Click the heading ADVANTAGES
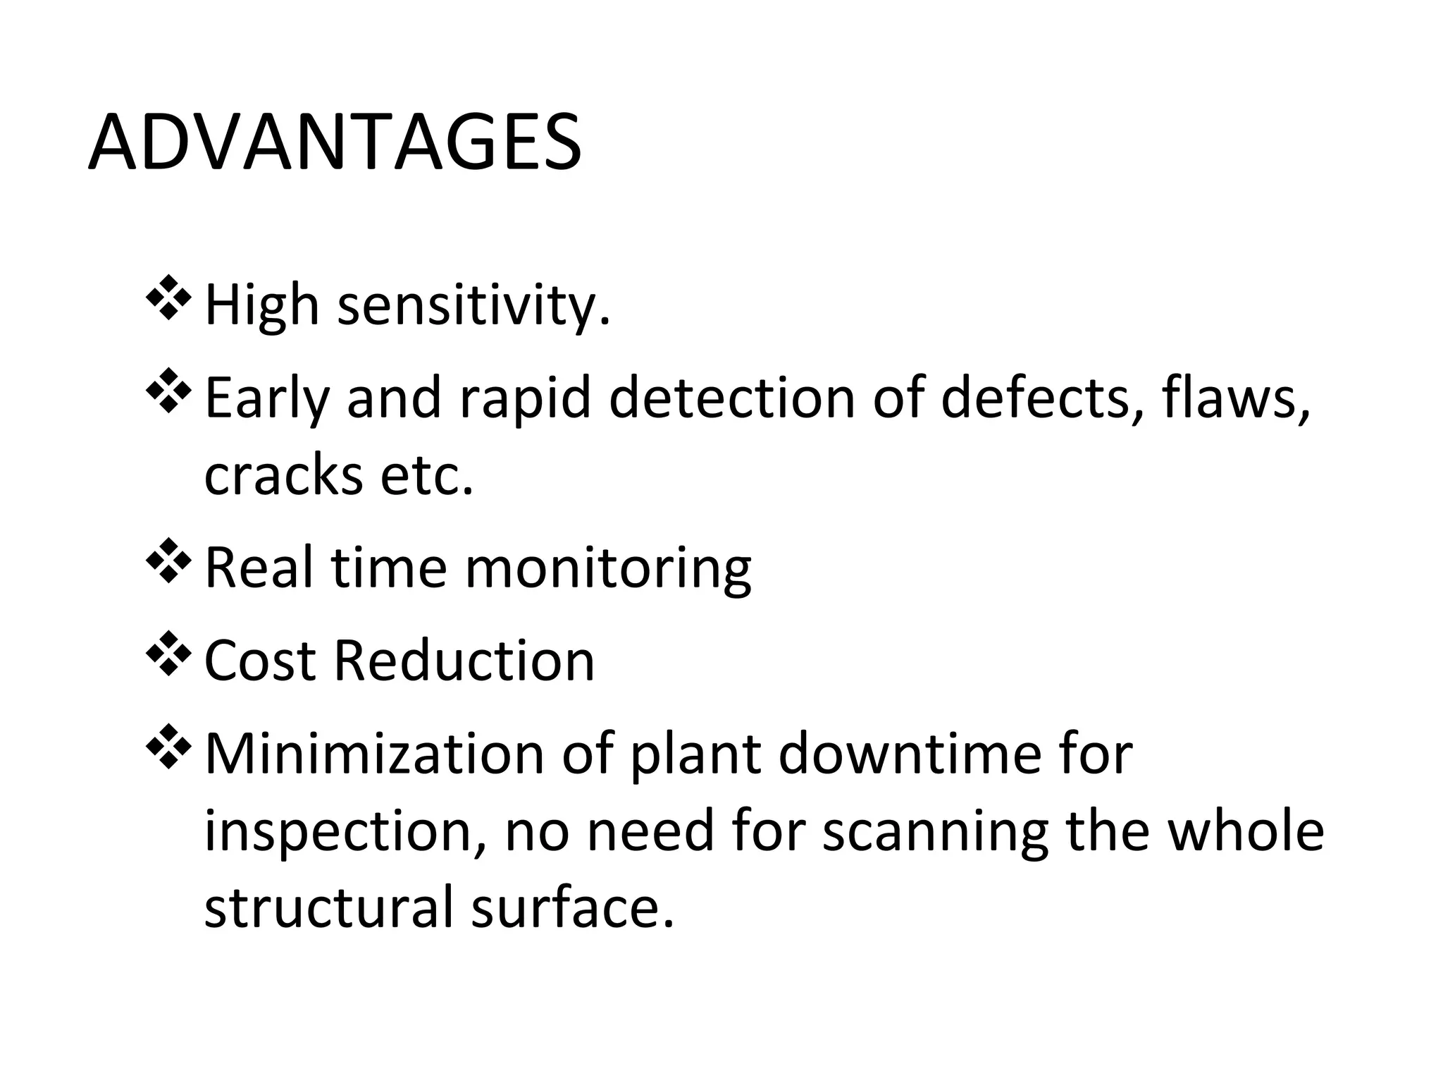(335, 144)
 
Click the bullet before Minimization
(168, 745)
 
